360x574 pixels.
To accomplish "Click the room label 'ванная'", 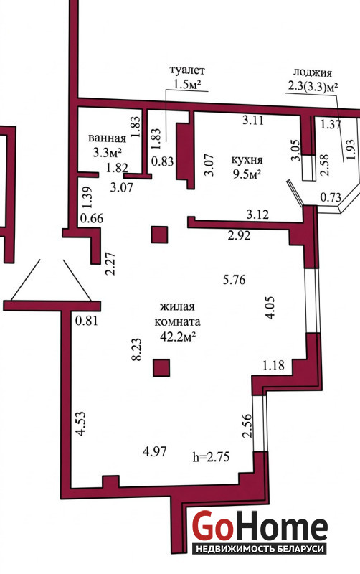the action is [107, 138].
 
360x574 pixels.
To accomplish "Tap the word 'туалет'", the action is [187, 70].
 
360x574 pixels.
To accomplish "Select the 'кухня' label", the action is [247, 160].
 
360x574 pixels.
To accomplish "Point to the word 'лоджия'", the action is [313, 72].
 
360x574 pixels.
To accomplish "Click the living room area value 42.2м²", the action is [177, 337].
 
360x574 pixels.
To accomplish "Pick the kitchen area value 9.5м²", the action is [247, 174].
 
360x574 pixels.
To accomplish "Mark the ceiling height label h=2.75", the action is [211, 457].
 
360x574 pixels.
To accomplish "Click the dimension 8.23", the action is [136, 349].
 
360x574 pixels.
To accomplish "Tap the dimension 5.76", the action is [235, 280].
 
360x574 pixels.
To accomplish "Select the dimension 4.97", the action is [155, 451].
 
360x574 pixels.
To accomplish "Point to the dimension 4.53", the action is [80, 423].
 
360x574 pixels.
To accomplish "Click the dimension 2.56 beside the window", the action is [247, 425].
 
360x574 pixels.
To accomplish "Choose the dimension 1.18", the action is [273, 365].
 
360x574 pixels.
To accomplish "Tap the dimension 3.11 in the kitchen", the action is [253, 120].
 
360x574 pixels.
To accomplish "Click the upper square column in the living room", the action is [159, 235].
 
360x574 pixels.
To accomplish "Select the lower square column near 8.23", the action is [161, 368].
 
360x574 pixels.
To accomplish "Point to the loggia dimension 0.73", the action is [331, 197].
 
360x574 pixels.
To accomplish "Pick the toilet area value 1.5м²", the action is [187, 85].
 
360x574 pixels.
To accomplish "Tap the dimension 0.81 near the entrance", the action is [87, 321].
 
